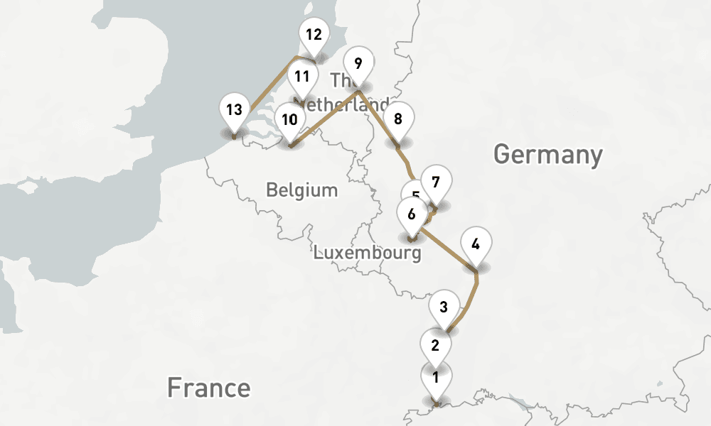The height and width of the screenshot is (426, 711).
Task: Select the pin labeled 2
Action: (x=435, y=346)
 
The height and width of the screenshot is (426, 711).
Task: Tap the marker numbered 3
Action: (x=444, y=307)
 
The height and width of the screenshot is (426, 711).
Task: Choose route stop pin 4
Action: (x=476, y=244)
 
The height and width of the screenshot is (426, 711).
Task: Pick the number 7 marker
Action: (x=436, y=182)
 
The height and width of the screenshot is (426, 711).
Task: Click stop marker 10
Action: (x=289, y=119)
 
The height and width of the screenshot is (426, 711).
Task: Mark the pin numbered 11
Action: (x=302, y=77)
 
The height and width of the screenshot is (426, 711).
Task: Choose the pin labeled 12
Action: (x=313, y=34)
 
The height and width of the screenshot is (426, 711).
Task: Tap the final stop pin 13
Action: (x=235, y=110)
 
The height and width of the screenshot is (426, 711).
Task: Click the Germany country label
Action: (x=547, y=154)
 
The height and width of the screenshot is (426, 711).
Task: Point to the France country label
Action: (x=208, y=388)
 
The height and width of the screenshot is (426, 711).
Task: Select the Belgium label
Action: (x=301, y=190)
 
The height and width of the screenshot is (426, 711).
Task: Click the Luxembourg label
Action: (x=368, y=252)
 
